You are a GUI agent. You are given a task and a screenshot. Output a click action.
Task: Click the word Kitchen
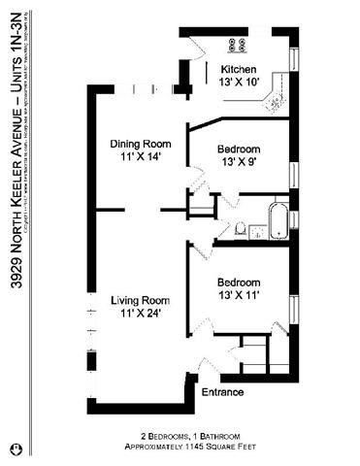point(239,70)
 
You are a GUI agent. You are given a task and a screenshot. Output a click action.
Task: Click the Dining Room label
point(141,144)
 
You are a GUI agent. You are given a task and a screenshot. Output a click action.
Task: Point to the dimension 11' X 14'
point(141,157)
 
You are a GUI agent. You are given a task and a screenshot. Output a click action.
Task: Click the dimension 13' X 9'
point(240,162)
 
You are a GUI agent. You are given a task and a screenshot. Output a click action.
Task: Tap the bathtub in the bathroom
point(278,219)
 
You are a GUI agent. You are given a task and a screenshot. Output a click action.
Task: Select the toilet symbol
point(239,230)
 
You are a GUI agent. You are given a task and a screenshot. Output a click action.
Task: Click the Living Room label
point(141,300)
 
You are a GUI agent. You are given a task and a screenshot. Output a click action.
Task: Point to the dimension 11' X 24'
point(141,314)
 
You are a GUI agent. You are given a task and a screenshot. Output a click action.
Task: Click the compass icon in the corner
point(15,449)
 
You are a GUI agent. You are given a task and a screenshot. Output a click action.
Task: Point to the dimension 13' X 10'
point(239,83)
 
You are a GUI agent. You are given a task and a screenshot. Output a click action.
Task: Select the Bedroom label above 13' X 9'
point(240,149)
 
